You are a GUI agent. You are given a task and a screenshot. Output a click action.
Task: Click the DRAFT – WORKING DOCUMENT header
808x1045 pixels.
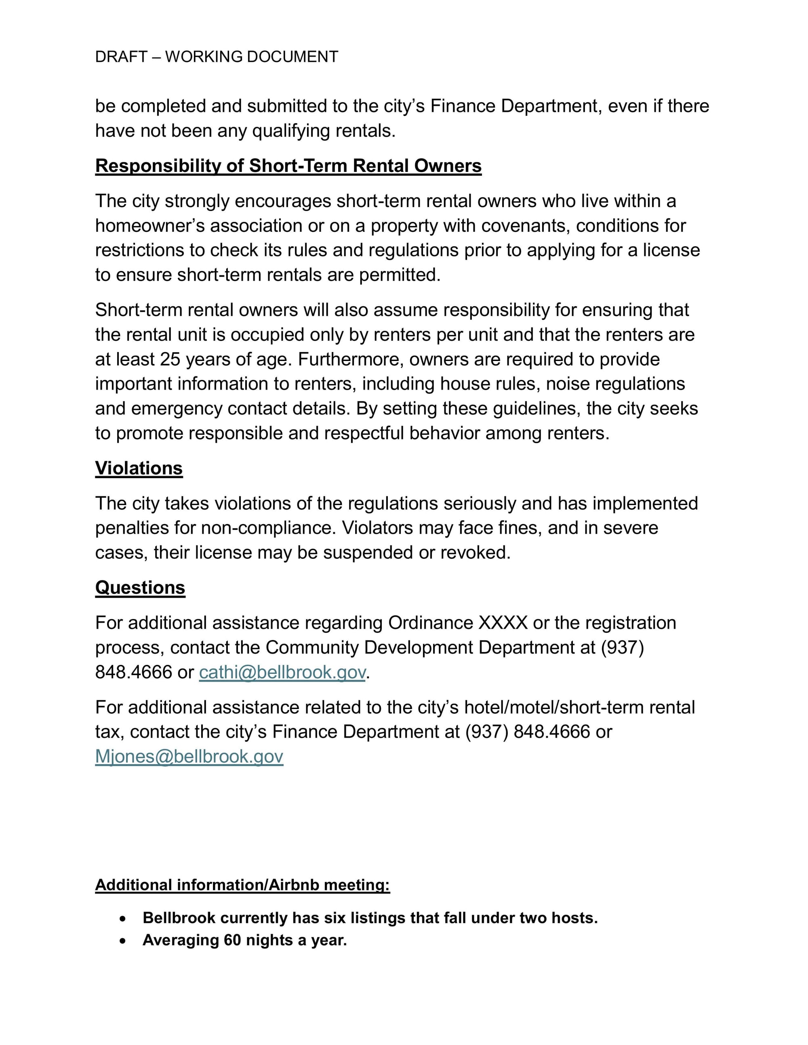pyautogui.click(x=217, y=57)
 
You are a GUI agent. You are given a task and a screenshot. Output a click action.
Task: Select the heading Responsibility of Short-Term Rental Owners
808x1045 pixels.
pyautogui.click(x=288, y=166)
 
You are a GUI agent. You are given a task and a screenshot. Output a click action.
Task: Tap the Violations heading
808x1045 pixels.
pyautogui.click(x=139, y=468)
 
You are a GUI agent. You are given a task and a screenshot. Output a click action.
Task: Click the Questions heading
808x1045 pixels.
pyautogui.click(x=140, y=588)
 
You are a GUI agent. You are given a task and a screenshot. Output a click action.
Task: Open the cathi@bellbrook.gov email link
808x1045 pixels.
pyautogui.click(x=282, y=672)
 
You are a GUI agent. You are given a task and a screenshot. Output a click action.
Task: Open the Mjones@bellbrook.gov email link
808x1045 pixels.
pyautogui.click(x=189, y=756)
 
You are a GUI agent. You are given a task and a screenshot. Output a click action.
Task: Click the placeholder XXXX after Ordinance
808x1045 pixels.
pyautogui.click(x=503, y=623)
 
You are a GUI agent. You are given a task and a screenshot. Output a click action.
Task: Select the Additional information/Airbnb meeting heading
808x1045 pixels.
pyautogui.click(x=242, y=885)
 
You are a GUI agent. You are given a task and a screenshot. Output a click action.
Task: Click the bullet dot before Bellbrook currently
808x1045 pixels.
pyautogui.click(x=123, y=919)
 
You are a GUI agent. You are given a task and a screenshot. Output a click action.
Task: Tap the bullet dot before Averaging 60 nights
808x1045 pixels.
pyautogui.click(x=123, y=941)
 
